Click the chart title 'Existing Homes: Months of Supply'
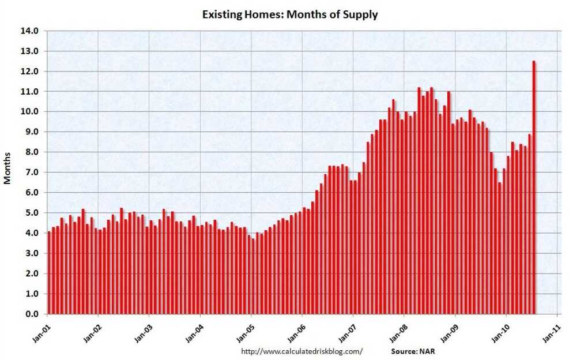point(290,14)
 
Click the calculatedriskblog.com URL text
point(302,351)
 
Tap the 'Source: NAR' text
point(414,351)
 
